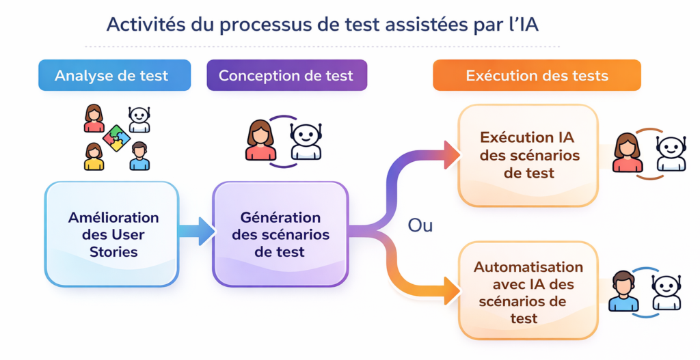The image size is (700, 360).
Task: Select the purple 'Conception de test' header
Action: coord(286,75)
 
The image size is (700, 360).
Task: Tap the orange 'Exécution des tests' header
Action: coord(537,75)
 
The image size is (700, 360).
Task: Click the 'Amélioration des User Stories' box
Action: coord(112,234)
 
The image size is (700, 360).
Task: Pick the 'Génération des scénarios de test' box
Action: coord(280,234)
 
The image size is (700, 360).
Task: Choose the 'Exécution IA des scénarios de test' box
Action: coord(528,155)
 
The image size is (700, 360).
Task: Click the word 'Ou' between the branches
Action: coord(420,225)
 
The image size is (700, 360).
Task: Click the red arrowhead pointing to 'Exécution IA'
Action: coord(451,154)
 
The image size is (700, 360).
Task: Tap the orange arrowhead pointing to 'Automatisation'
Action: coord(451,291)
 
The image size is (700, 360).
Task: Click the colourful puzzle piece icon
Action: coord(116,138)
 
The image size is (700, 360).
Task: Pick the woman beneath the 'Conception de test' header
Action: coord(260,141)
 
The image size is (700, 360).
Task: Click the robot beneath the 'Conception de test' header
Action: coord(305,141)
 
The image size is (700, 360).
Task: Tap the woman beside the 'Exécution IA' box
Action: coord(628,153)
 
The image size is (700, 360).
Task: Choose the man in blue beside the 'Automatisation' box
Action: coord(623,291)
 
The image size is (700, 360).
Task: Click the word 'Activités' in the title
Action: coord(142,24)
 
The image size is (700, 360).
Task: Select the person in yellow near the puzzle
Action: coord(94,156)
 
